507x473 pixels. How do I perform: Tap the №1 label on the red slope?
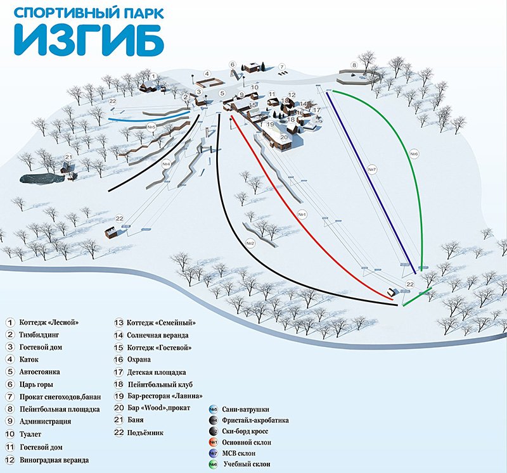tap(302, 215)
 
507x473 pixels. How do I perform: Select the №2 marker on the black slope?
tap(250, 243)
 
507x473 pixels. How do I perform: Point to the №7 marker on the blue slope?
tap(372, 169)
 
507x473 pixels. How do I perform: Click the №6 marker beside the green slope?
tap(414, 153)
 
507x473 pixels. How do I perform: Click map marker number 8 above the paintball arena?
tap(354, 65)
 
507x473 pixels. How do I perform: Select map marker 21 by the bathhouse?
tap(68, 157)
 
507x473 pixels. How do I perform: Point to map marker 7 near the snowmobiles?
tap(282, 66)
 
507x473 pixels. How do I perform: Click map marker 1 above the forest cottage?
tap(152, 76)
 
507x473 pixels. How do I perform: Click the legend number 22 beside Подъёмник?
tap(117, 432)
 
